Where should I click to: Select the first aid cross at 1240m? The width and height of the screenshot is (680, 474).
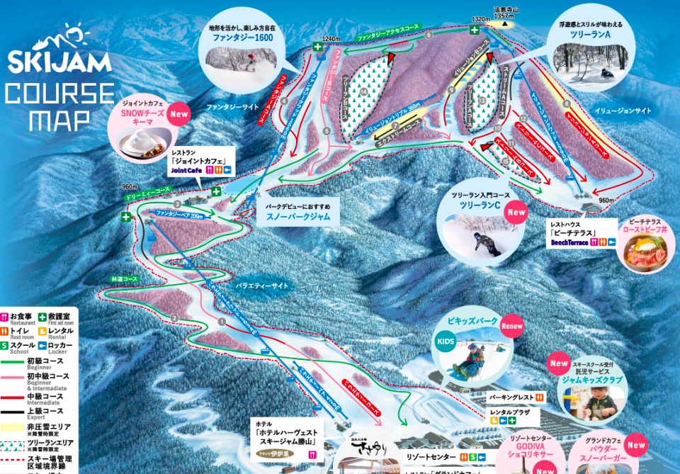tap(318, 48)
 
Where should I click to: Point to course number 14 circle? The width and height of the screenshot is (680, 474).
tap(363, 91)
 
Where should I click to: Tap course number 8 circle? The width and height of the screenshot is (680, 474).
tap(566, 104)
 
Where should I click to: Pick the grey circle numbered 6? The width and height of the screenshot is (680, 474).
tap(429, 34)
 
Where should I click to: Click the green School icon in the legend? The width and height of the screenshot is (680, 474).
tap(4, 345)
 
